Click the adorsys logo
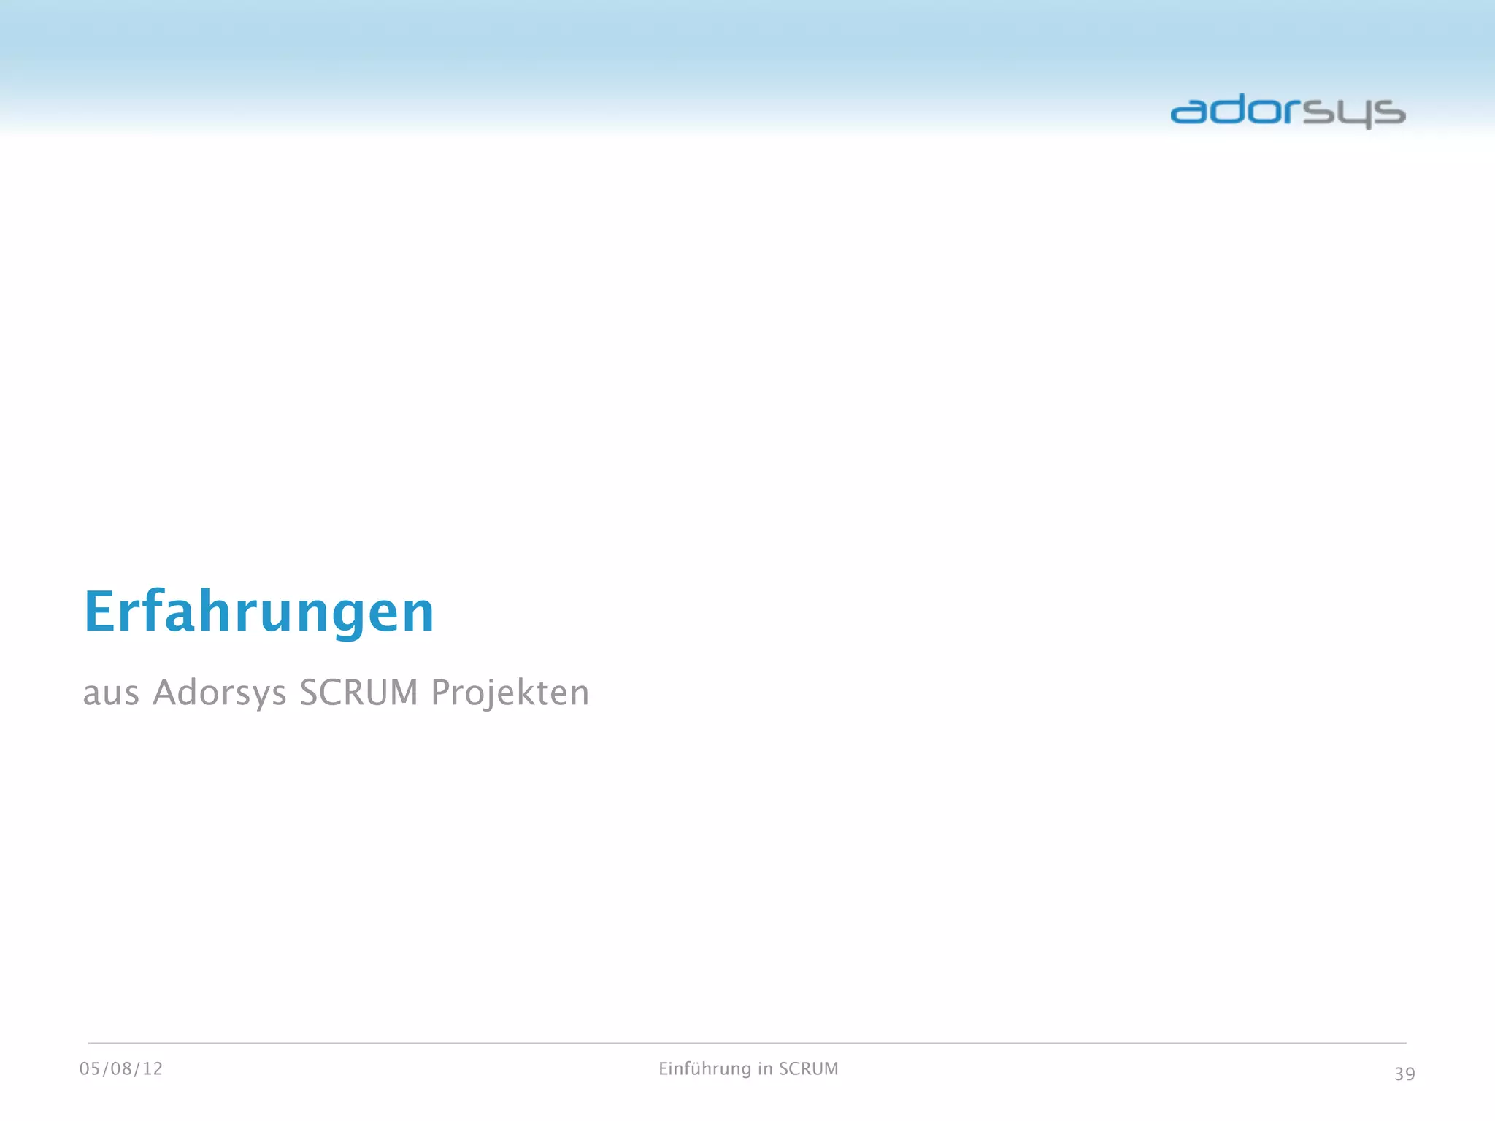pyautogui.click(x=1288, y=112)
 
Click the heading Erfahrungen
pyautogui.click(x=259, y=612)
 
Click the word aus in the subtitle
pyautogui.click(x=110, y=693)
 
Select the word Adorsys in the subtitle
pyautogui.click(x=219, y=693)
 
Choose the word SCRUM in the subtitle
pyautogui.click(x=358, y=693)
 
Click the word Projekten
pyautogui.click(x=510, y=693)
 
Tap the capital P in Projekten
pyautogui.click(x=440, y=692)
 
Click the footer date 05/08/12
pyautogui.click(x=121, y=1069)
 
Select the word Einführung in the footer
pyautogui.click(x=704, y=1069)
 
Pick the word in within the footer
pyautogui.click(x=765, y=1069)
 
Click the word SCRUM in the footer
pyautogui.click(x=808, y=1069)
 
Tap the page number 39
pyautogui.click(x=1404, y=1074)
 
